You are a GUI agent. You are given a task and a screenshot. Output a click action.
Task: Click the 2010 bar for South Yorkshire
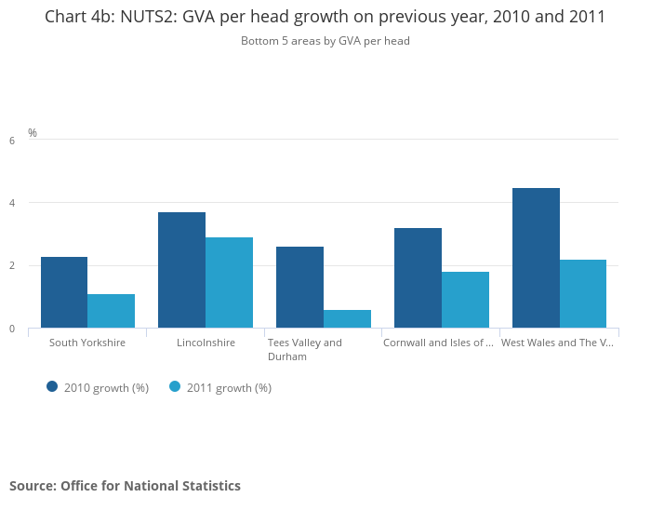[x=64, y=292]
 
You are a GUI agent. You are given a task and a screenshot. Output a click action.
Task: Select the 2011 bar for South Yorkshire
[x=112, y=311]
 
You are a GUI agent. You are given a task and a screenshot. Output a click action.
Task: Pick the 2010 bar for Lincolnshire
[x=181, y=270]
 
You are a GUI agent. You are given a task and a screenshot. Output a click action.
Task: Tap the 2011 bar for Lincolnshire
[x=229, y=283]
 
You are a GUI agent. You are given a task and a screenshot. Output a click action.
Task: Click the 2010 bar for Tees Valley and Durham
[x=299, y=288]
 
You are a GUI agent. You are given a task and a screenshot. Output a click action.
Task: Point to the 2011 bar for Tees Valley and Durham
[x=347, y=318]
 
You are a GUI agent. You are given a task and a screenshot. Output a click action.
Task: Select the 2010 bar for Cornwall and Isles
[x=418, y=277]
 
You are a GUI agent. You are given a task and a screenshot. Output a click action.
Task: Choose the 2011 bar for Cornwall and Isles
[x=465, y=300]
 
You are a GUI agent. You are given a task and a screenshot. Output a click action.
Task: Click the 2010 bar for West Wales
[x=536, y=258]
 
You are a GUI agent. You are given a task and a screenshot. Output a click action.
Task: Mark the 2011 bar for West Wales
[x=583, y=293]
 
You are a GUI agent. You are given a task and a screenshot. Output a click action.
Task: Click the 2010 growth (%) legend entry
[x=98, y=387]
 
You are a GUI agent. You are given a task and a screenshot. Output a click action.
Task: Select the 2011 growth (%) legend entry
[x=220, y=387]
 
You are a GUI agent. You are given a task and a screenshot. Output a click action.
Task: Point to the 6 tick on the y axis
[x=12, y=141]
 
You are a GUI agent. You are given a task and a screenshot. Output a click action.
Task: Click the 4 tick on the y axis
[x=12, y=203]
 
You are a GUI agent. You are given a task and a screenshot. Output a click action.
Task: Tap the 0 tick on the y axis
[x=12, y=329]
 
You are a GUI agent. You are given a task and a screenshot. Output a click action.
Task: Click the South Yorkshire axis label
[x=87, y=343]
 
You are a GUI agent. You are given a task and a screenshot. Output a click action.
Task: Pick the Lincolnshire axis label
[x=206, y=343]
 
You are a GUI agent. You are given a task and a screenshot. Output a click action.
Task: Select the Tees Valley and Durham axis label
[x=305, y=349]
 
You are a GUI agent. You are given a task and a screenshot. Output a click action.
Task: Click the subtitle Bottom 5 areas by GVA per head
[x=325, y=41]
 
